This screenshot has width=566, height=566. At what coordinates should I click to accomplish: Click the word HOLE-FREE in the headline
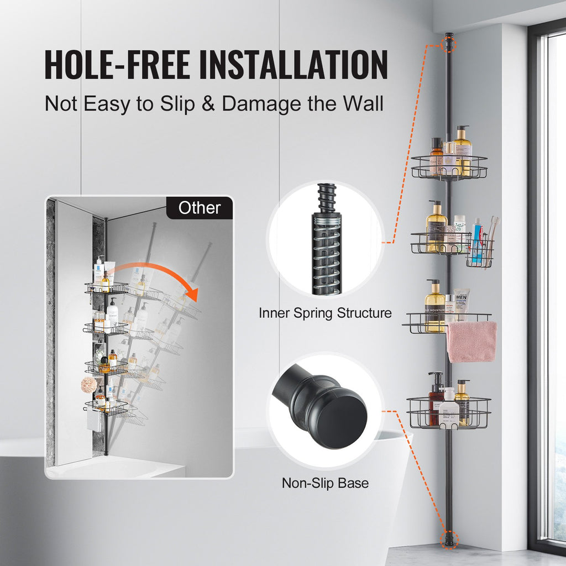click(x=117, y=65)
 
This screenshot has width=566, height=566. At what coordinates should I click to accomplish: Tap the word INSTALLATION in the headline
click(x=294, y=65)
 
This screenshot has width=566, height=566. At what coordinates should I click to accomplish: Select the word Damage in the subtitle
click(x=261, y=104)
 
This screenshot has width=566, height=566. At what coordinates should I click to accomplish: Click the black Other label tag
click(x=200, y=208)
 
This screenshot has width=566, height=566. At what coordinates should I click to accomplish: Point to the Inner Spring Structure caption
click(x=325, y=313)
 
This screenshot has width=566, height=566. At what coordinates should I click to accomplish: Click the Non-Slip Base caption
click(x=325, y=483)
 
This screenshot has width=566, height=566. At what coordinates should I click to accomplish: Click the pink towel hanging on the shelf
click(x=471, y=342)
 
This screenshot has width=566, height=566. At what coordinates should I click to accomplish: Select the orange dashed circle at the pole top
click(x=449, y=45)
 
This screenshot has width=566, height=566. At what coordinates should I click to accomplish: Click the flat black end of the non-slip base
click(x=343, y=420)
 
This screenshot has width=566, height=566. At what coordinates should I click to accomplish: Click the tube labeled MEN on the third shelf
click(x=462, y=303)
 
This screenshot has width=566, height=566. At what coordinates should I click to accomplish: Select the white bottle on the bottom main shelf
click(x=449, y=406)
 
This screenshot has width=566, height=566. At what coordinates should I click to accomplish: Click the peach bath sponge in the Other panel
click(x=89, y=385)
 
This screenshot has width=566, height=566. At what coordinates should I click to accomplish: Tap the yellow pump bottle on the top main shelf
click(x=462, y=150)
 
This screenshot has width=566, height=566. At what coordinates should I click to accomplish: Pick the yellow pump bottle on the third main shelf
click(x=434, y=305)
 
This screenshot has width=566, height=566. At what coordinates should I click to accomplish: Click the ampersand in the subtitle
click(x=208, y=103)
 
